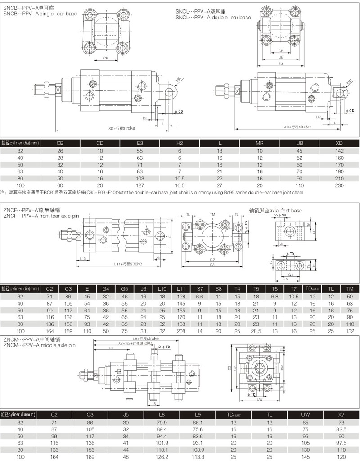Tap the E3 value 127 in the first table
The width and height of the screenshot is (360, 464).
(139, 185)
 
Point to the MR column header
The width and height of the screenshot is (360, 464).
(259, 143)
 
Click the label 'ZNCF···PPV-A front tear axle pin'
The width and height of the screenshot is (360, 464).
(41, 216)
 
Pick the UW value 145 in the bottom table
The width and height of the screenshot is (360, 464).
(305, 457)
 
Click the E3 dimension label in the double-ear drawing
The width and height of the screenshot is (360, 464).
(280, 64)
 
